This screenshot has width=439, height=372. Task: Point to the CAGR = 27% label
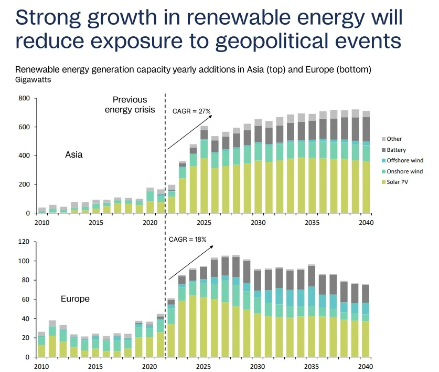tap(191, 111)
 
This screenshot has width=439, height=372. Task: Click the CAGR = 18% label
tap(188, 239)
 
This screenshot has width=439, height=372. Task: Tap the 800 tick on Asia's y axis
tap(24, 98)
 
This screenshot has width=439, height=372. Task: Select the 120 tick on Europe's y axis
tap(24, 242)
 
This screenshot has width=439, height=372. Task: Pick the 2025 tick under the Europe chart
tap(204, 366)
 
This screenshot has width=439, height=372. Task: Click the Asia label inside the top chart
tap(73, 155)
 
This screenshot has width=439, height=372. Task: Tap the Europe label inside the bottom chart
tap(75, 298)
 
